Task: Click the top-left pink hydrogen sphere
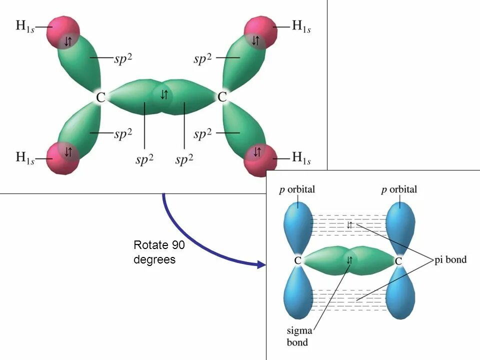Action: [x=63, y=31]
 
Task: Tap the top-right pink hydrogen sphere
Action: [x=260, y=31]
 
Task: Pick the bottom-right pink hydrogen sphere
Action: [x=260, y=159]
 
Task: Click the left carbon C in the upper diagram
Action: [x=100, y=97]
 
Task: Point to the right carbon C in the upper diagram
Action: [x=222, y=96]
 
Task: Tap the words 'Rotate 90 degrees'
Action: [x=155, y=252]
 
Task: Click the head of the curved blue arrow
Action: [x=261, y=265]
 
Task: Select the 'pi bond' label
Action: [x=450, y=259]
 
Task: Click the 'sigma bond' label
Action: [x=298, y=336]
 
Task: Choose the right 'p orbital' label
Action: [x=399, y=190]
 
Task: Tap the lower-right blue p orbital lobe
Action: [x=401, y=295]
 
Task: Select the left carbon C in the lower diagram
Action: [x=297, y=261]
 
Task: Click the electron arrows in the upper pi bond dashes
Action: [x=349, y=225]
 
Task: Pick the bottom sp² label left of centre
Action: [x=144, y=159]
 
